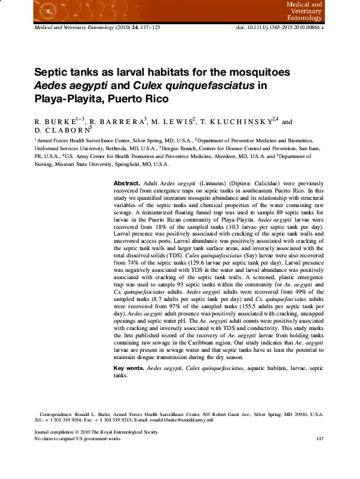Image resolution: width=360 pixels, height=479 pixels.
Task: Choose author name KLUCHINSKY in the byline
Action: (x=240, y=121)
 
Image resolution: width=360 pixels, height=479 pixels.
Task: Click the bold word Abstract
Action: (x=127, y=183)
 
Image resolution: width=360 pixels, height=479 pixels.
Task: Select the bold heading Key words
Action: (x=129, y=368)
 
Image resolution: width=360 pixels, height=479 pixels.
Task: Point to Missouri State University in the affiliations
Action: (x=90, y=164)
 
